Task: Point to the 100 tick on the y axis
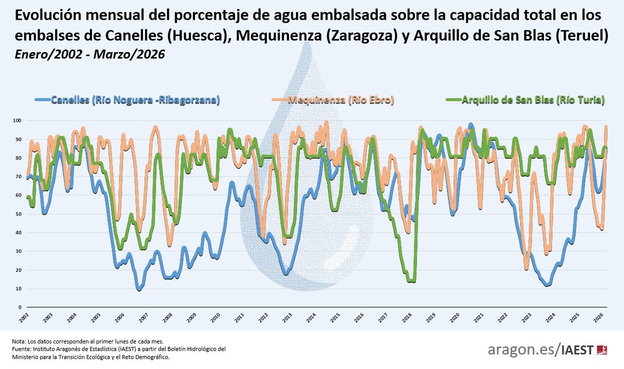(x=17, y=121)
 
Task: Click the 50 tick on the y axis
(x=18, y=214)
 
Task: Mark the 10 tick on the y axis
(x=18, y=289)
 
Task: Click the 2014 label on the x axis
(x=312, y=316)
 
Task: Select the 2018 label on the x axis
(x=407, y=316)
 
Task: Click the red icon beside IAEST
(x=603, y=350)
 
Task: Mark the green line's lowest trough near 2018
(x=411, y=281)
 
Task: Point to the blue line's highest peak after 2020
(x=471, y=125)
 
